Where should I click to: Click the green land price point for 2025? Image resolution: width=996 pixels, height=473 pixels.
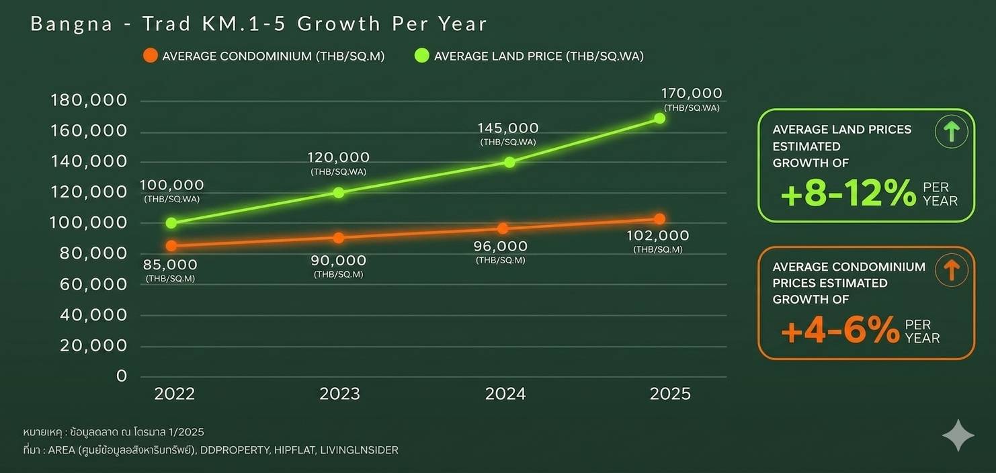659,118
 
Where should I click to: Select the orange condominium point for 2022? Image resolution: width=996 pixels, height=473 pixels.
171,245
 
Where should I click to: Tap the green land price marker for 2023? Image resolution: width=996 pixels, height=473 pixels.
338,192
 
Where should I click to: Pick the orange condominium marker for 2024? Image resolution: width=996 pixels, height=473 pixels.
503,228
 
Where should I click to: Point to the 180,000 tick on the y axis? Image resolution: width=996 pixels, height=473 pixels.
89,101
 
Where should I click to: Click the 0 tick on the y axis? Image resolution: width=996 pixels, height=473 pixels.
122,376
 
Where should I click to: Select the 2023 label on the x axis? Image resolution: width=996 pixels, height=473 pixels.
339,394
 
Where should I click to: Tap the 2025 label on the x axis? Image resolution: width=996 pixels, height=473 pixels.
670,394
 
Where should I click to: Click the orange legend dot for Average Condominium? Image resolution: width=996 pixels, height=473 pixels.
151,56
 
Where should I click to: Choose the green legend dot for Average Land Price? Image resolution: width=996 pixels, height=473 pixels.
421,56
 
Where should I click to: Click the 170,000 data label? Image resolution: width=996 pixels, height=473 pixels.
692,93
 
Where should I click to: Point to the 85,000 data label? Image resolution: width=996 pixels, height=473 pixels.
170,265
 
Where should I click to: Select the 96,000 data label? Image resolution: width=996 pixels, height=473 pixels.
501,247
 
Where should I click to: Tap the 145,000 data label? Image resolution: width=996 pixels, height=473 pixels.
508,128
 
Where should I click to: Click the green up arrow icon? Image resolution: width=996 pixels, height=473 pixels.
951,132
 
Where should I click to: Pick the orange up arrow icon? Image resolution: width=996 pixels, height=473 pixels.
951,270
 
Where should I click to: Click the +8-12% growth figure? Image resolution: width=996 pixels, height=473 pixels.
848,193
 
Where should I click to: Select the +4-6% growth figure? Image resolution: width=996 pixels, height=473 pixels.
840,331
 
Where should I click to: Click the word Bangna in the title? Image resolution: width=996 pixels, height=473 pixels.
71,24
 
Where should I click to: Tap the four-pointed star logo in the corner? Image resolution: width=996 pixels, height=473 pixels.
958,435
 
